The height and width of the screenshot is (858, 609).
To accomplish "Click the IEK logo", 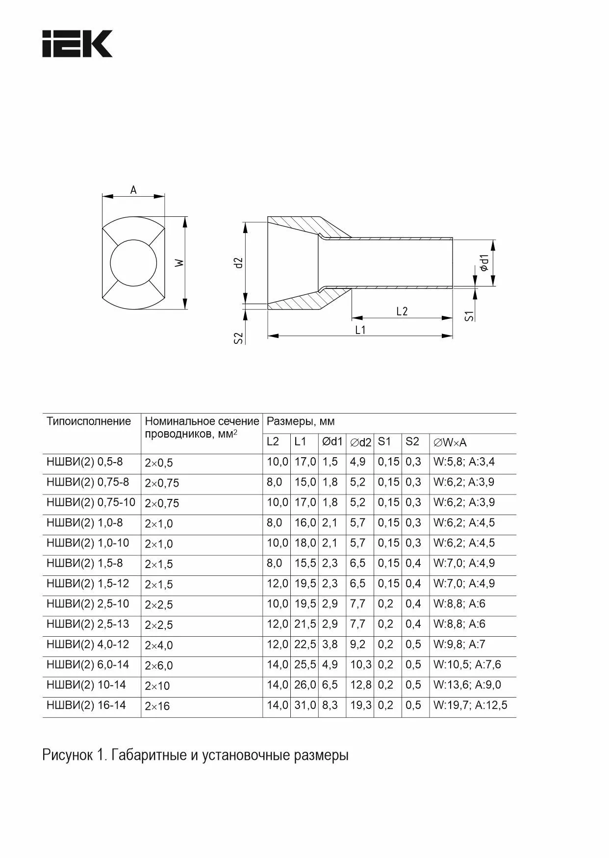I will tap(77, 44).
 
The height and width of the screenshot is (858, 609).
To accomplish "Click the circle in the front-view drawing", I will tap(134, 261).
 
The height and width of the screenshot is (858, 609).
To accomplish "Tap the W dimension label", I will tap(179, 263).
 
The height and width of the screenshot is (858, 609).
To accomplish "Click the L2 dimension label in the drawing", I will tap(402, 311).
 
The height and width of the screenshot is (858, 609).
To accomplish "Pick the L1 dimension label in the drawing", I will tap(360, 330).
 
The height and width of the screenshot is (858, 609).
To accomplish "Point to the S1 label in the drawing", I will tap(469, 315).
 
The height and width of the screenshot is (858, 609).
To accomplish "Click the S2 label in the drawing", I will tap(238, 338).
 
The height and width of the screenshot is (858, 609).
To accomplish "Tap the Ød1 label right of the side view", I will tap(484, 263).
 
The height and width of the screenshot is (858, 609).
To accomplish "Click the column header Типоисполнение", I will tap(89, 421).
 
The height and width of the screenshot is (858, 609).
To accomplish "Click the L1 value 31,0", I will tap(305, 705).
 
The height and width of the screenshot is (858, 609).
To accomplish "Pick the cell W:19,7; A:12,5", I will tap(470, 705).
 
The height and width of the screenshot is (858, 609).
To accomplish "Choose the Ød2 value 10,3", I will tap(361, 665).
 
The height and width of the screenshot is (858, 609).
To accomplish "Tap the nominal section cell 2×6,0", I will tap(159, 666).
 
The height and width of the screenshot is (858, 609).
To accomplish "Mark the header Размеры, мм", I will tap(301, 421).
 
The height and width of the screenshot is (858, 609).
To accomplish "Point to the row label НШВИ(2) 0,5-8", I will tap(84, 462).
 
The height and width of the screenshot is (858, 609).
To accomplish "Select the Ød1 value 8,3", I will tap(330, 705).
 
